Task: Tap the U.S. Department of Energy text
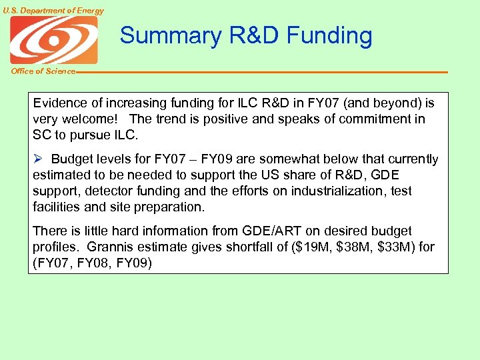[x=53, y=11]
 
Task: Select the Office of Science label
[x=43, y=71]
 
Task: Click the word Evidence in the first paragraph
[x=59, y=103]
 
